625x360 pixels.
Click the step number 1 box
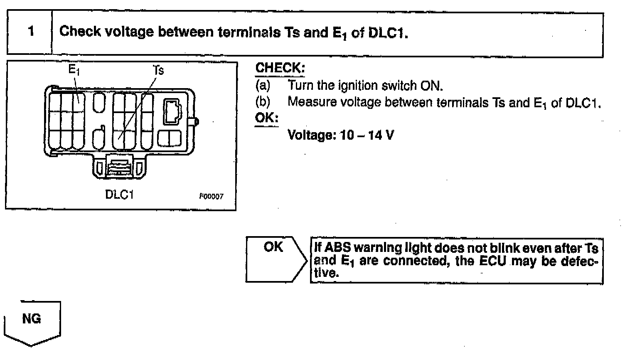(30, 32)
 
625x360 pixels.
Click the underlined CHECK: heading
(280, 68)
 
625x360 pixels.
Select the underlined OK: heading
(266, 118)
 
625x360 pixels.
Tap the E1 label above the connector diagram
(74, 69)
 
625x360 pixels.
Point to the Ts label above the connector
(158, 70)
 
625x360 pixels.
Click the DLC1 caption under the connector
(119, 195)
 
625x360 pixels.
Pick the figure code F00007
(211, 196)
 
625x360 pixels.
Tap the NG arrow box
(32, 321)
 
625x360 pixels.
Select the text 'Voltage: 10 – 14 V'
(340, 135)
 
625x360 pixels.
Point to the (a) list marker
(263, 86)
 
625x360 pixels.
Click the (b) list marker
(263, 102)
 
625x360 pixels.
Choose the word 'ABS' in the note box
(337, 248)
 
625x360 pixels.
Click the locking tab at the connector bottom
(119, 167)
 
